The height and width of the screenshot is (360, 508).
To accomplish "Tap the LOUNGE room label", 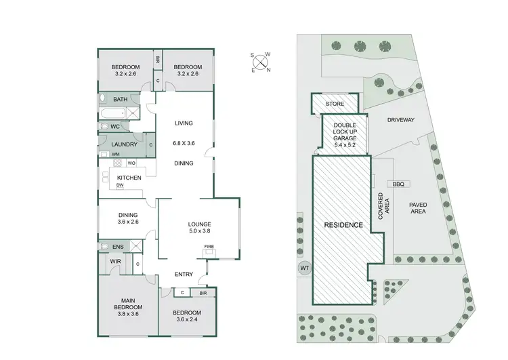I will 200,224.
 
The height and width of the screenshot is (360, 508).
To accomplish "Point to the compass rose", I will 260,61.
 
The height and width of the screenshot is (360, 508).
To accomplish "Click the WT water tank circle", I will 303,268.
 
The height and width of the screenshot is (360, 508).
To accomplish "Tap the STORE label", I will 335,104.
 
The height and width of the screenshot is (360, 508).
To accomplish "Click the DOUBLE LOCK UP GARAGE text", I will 344,132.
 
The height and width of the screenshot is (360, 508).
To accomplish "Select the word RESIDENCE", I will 343,225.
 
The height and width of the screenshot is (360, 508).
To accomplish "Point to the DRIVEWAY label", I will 400,120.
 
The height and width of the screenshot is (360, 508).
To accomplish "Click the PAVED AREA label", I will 417,207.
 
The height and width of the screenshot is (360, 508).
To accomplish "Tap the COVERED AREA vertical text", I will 383,207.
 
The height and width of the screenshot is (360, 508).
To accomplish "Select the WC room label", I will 115,127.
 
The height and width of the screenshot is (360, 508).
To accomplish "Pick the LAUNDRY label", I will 124,144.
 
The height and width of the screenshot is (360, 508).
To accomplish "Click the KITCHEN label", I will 128,178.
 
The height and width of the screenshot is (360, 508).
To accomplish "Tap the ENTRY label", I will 184,275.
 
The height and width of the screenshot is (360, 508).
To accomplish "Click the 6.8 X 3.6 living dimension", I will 184,143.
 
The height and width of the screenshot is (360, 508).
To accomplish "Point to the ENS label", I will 118,247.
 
